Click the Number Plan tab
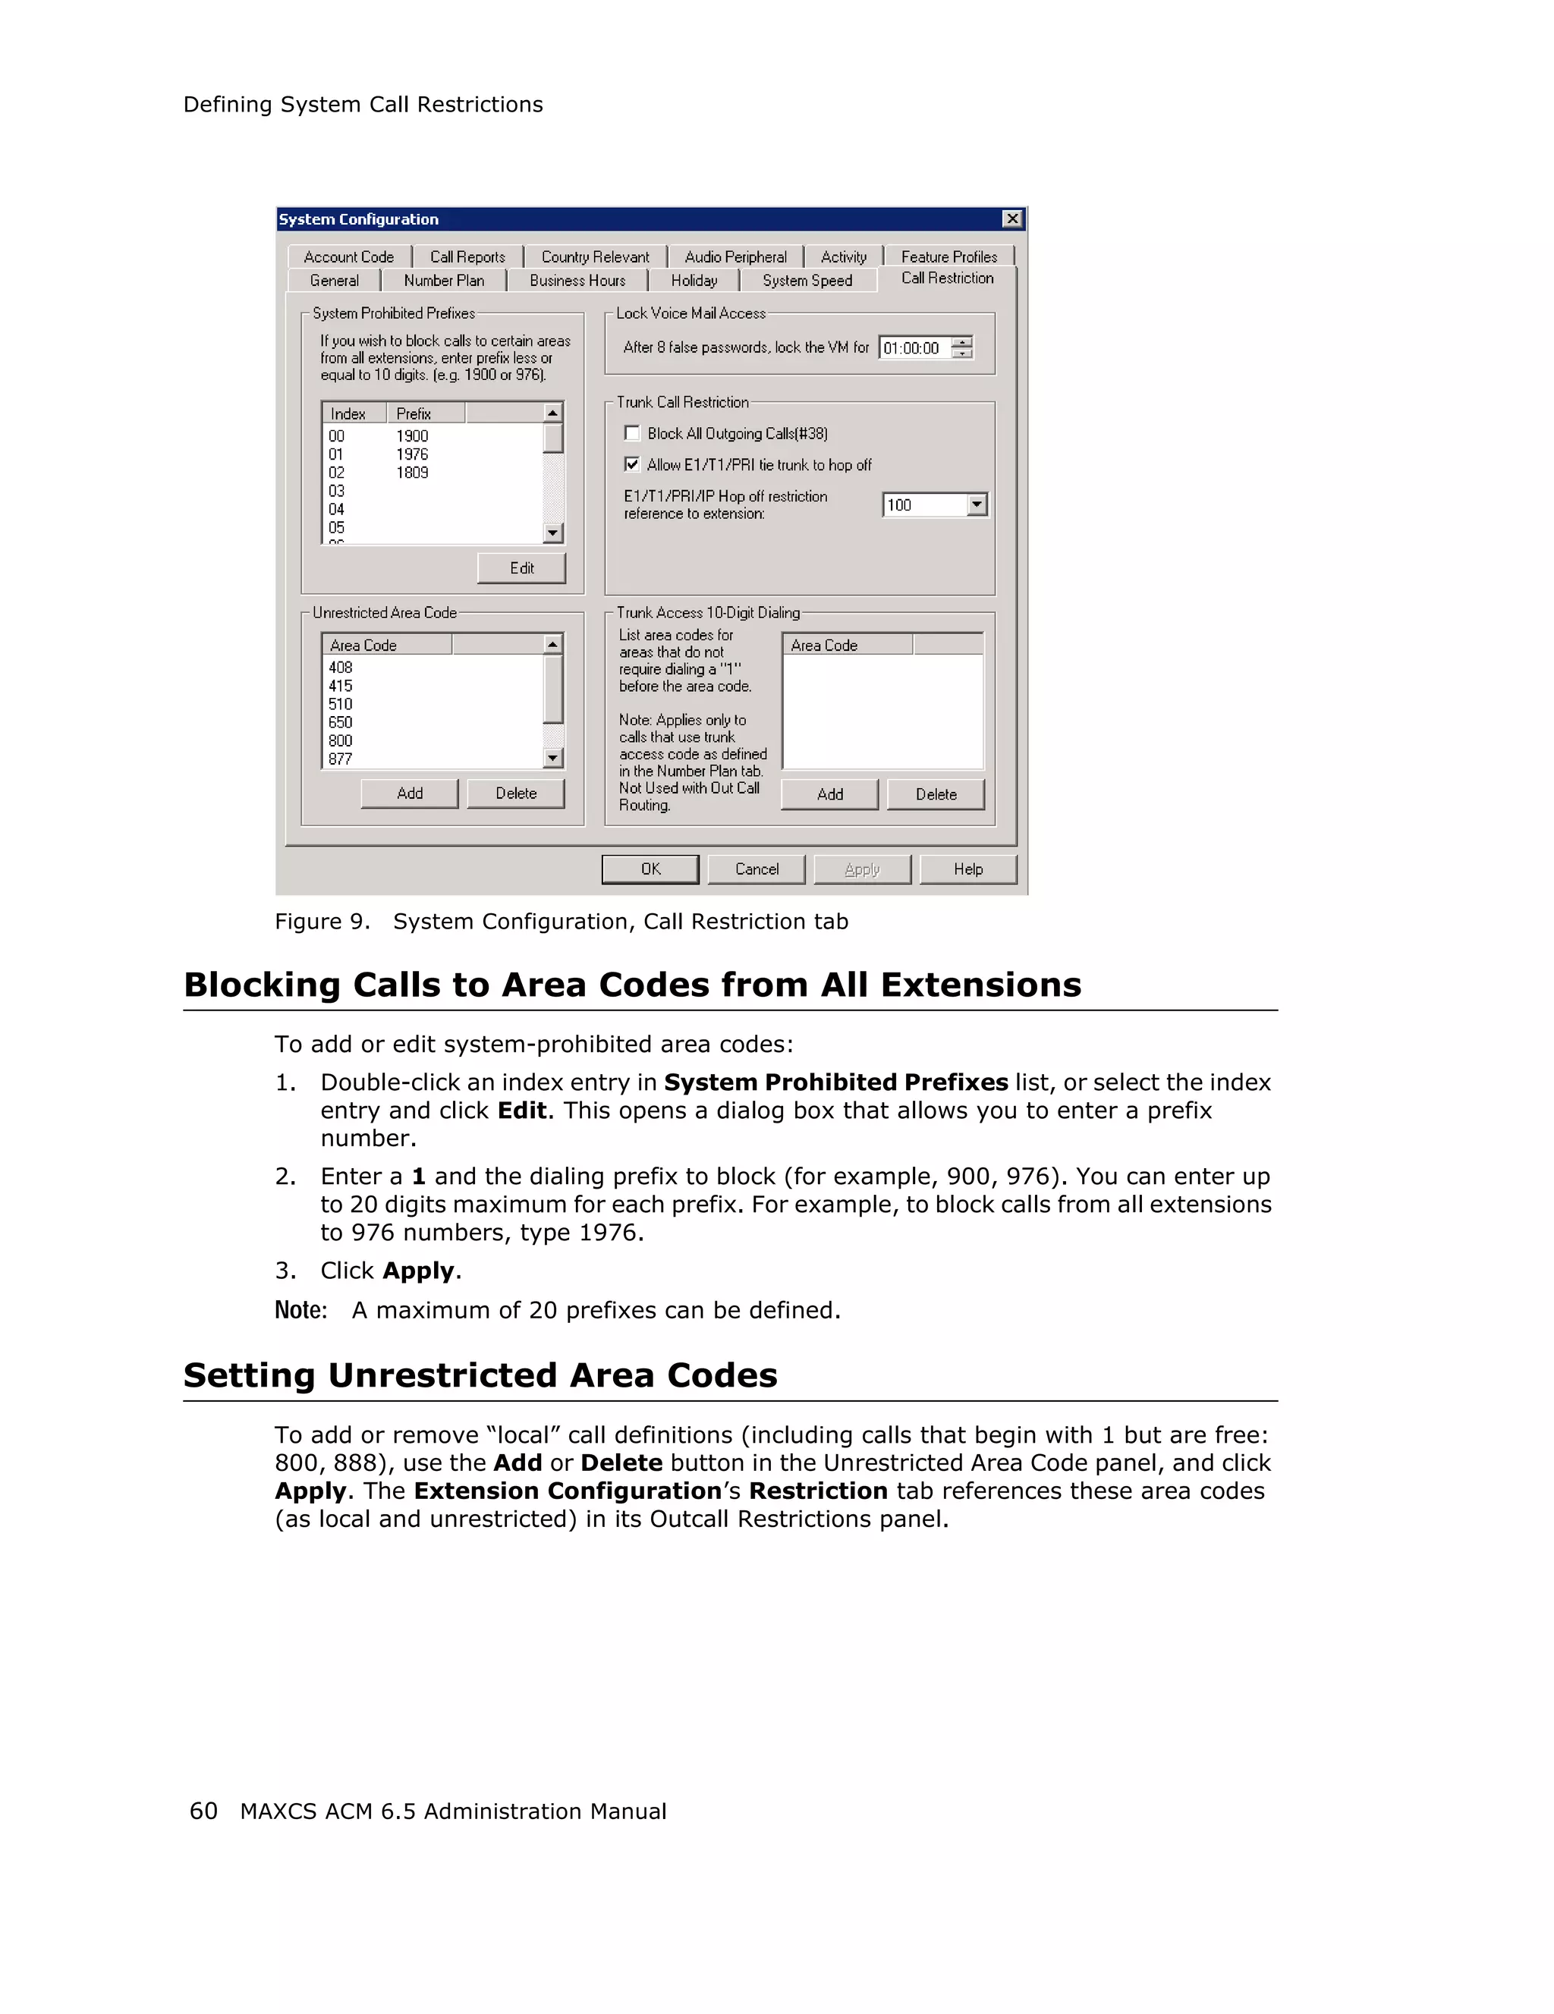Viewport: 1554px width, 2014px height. tap(444, 281)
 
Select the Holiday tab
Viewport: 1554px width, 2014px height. tap(694, 281)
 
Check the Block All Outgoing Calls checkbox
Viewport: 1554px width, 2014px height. tap(632, 433)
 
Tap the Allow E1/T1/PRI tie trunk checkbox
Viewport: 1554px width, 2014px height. tap(632, 463)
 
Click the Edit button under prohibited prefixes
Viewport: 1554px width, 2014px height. tap(521, 568)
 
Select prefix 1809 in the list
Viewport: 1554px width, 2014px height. tap(412, 472)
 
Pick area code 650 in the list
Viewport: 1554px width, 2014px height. tap(340, 722)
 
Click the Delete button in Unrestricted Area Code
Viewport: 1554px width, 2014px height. tap(515, 793)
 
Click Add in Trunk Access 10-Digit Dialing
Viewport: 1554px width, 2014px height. tap(829, 794)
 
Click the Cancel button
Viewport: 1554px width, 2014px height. tap(757, 869)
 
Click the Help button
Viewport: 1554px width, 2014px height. tap(967, 869)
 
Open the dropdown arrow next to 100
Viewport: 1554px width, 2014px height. tap(977, 504)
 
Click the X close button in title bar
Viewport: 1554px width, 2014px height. tap(1011, 218)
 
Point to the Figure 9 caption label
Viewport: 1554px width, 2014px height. tap(321, 921)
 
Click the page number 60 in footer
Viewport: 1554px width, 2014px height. tap(203, 1811)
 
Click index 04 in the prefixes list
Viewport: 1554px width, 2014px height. tap(337, 509)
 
